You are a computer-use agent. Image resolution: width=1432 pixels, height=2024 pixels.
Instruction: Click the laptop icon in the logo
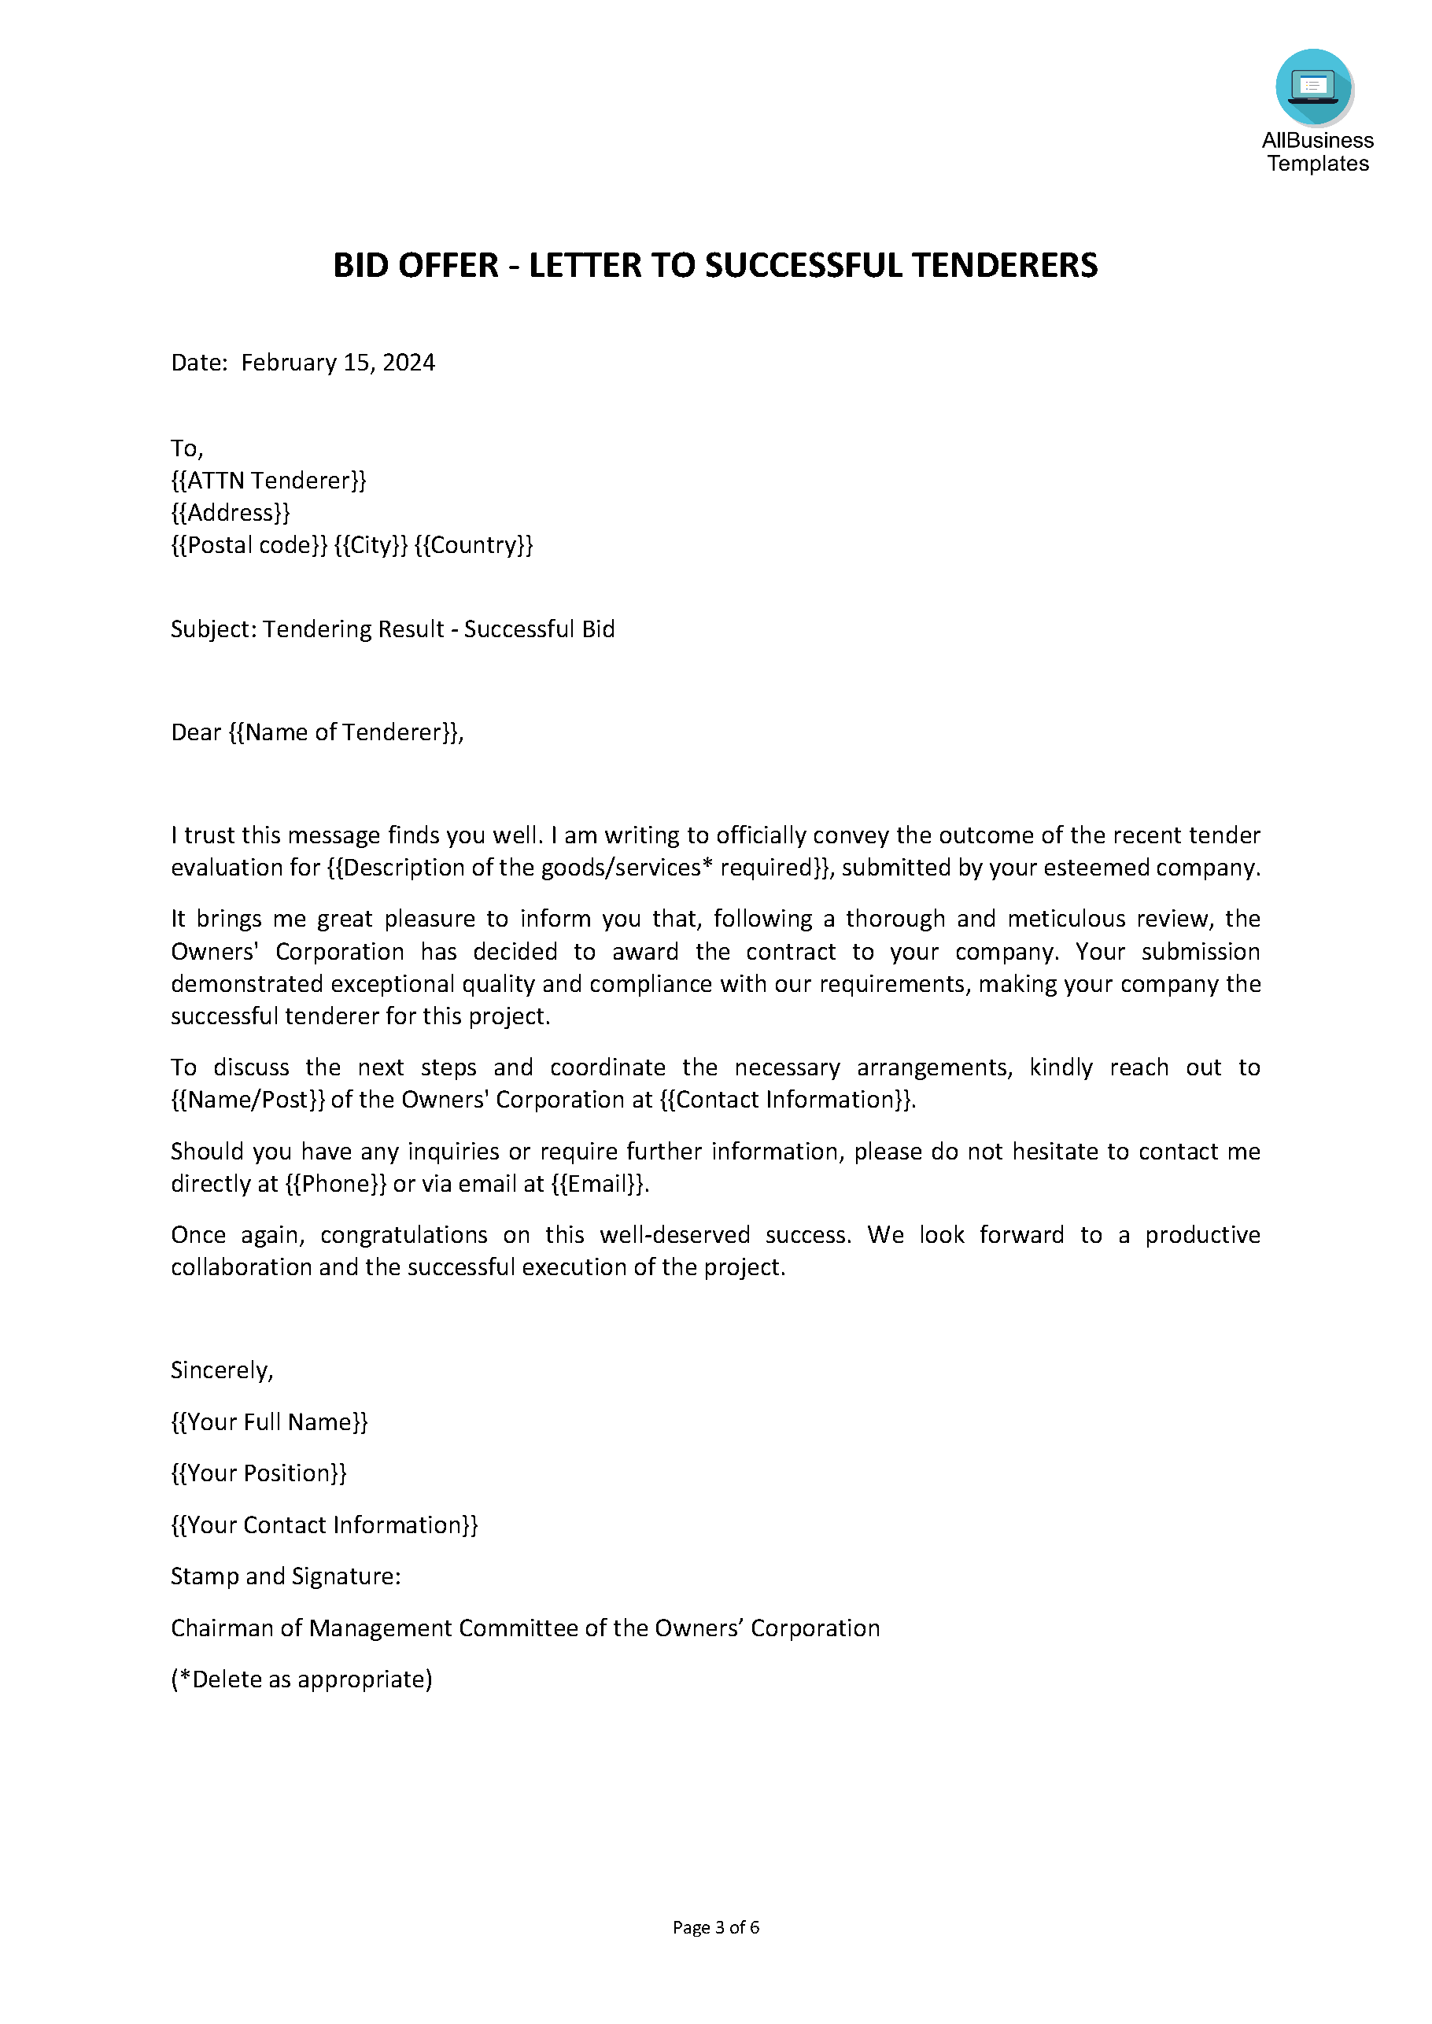click(x=1313, y=87)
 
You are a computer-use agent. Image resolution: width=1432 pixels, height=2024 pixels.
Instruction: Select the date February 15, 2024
click(x=338, y=363)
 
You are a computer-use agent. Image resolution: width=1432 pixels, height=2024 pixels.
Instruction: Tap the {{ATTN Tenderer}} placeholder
click(x=268, y=481)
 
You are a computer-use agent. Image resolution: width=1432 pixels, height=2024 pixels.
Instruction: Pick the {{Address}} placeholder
click(x=230, y=513)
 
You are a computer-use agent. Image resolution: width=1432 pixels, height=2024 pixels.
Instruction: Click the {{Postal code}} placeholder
click(x=249, y=546)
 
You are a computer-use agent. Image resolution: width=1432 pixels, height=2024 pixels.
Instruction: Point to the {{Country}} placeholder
click(x=474, y=546)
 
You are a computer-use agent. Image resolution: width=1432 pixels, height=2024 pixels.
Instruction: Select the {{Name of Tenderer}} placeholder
click(x=345, y=732)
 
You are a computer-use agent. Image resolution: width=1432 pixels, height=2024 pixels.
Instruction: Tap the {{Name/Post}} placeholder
click(x=248, y=1100)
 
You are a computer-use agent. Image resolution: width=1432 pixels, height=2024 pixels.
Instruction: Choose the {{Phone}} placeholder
click(x=336, y=1184)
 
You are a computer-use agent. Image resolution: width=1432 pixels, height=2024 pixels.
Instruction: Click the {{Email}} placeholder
click(x=599, y=1184)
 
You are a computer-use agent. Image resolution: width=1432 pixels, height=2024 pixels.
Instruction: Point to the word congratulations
click(x=404, y=1235)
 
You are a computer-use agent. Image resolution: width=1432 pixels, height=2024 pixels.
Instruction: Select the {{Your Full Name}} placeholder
click(x=269, y=1422)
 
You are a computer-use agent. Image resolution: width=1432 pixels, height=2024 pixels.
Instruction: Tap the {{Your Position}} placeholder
click(x=258, y=1473)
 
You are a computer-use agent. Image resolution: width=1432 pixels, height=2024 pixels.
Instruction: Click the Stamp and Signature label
click(x=286, y=1576)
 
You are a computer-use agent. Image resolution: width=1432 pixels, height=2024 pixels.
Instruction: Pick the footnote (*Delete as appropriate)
click(x=301, y=1679)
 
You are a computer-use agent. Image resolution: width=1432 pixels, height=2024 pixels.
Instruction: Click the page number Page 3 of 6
click(x=715, y=1928)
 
